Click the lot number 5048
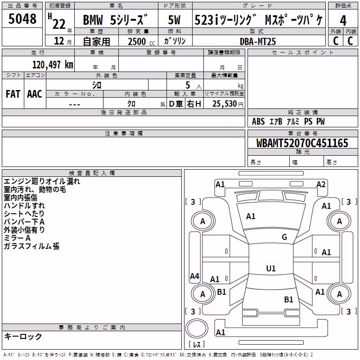(x=22, y=18)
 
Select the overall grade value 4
(x=343, y=20)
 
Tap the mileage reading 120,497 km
(x=53, y=65)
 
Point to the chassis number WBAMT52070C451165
(x=302, y=143)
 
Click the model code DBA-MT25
(x=257, y=41)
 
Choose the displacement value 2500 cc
(x=141, y=41)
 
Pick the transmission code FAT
(x=13, y=94)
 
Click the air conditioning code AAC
(x=35, y=94)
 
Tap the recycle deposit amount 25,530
(x=224, y=104)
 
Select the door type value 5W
(x=174, y=20)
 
